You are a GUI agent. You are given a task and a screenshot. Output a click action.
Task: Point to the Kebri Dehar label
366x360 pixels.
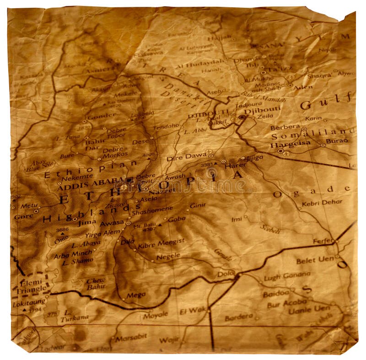(x=322, y=202)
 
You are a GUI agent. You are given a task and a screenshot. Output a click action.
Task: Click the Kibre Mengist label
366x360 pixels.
(x=161, y=243)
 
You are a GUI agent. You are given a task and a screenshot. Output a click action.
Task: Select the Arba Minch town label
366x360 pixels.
(x=73, y=254)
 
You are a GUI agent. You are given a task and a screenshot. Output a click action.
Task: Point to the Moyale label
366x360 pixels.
(x=155, y=315)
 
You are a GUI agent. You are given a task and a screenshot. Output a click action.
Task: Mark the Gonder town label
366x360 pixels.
(x=101, y=116)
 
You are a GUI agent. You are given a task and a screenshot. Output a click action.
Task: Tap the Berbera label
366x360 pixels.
(x=285, y=127)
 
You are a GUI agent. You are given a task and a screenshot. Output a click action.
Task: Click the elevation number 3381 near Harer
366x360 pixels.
(x=207, y=163)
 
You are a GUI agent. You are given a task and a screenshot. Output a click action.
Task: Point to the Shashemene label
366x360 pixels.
(x=152, y=212)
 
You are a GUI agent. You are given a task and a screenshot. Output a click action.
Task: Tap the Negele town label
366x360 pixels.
(x=168, y=257)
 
